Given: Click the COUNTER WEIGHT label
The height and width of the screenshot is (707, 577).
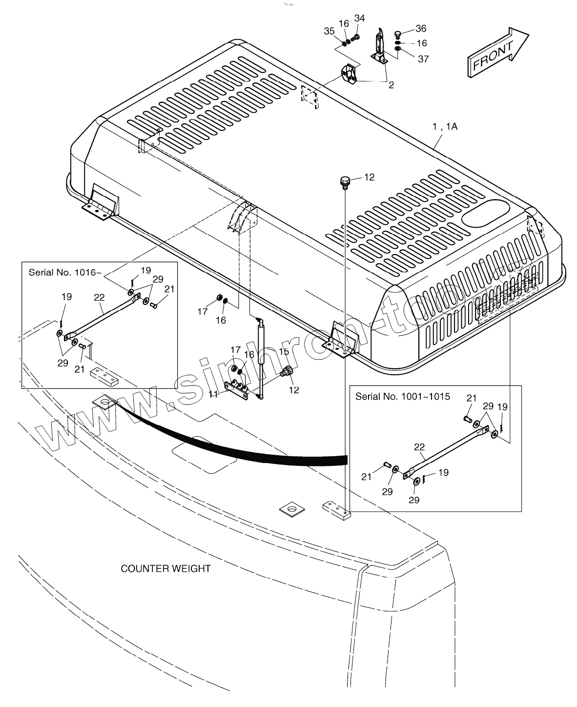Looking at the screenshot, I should point(165,568).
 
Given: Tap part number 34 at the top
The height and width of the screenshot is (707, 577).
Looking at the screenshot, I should point(359,19).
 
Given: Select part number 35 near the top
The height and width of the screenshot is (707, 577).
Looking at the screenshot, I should point(329,31).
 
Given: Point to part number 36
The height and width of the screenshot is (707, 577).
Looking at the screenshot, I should point(421,29).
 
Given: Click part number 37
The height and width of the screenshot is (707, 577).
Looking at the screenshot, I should point(423,59).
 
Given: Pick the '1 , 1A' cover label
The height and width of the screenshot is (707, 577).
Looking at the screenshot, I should point(444,127).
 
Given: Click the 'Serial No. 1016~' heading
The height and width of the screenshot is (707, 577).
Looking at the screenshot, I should point(65,272).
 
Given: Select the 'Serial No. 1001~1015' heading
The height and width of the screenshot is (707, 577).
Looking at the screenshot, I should point(403,396).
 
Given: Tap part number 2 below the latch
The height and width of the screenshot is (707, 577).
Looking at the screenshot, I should point(391,85).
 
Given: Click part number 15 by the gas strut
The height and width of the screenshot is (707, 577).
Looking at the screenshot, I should point(284,352).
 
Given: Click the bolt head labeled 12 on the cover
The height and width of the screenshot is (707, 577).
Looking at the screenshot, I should point(345,182).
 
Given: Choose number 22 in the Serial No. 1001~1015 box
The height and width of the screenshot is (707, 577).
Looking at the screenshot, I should point(419,446).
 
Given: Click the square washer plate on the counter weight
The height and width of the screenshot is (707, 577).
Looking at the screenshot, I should point(292,509).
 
